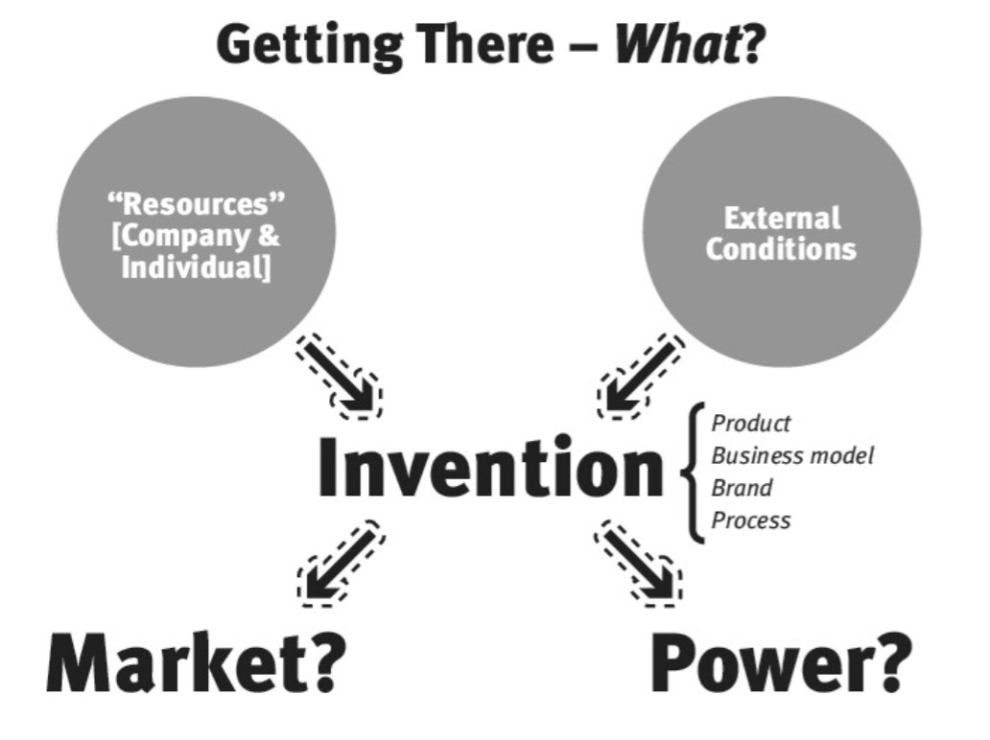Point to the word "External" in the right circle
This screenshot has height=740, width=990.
(x=782, y=218)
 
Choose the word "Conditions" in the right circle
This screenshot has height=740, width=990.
(x=781, y=249)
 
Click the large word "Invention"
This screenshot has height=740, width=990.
(x=490, y=468)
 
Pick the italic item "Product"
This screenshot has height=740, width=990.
(x=751, y=423)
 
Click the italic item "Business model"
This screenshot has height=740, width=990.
(x=792, y=455)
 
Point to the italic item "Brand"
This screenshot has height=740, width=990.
(x=742, y=488)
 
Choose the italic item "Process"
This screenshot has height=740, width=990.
(x=751, y=520)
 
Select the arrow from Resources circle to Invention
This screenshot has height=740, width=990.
(x=340, y=375)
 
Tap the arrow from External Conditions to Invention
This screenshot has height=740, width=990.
(x=641, y=375)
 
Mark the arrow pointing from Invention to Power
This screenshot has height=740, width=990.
(x=639, y=564)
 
